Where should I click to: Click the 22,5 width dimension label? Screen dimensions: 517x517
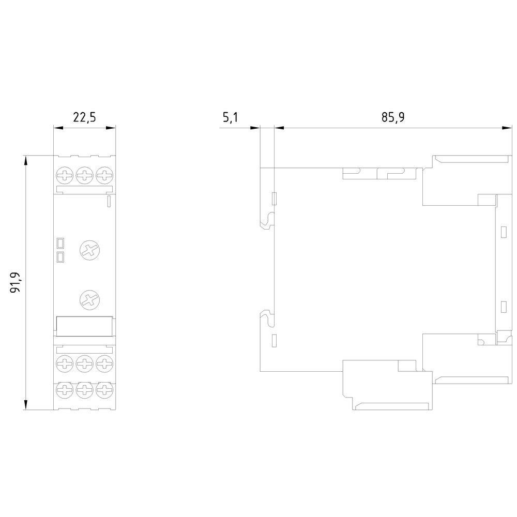(x=84, y=117)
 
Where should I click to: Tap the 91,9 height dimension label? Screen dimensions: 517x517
(x=16, y=283)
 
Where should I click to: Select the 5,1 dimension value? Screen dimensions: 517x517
(x=230, y=117)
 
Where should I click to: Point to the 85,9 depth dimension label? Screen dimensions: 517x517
(x=393, y=117)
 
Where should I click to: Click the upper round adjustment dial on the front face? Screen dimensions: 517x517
(x=90, y=251)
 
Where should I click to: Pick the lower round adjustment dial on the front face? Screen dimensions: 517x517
(x=90, y=300)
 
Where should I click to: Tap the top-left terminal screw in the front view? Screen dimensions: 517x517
(x=65, y=175)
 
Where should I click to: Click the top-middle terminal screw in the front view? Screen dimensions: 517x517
(x=85, y=175)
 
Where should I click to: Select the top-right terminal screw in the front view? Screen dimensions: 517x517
(x=104, y=175)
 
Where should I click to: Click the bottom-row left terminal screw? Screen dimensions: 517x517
(x=65, y=390)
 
